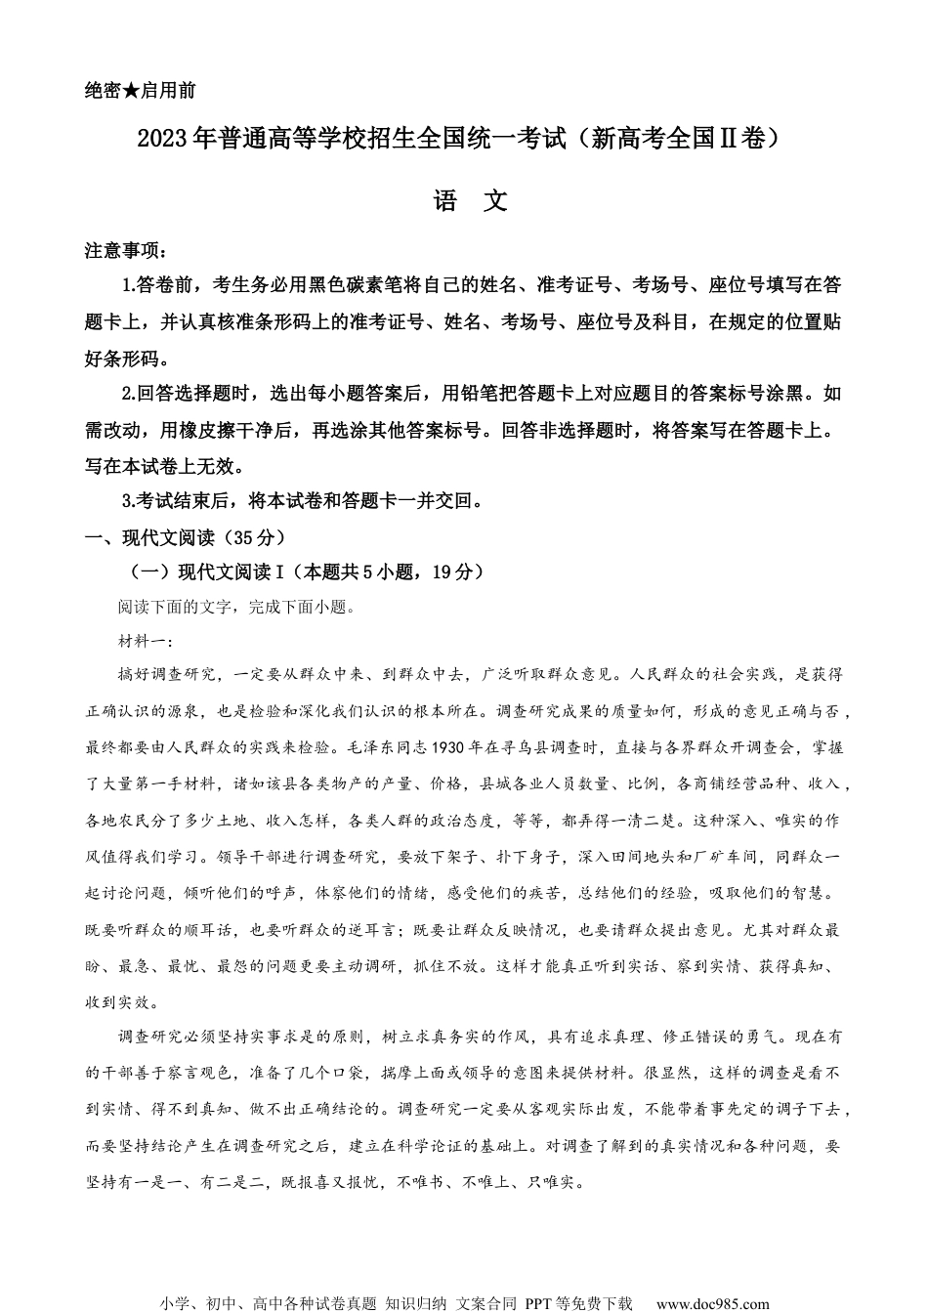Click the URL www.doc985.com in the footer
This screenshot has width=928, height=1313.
pos(712,1303)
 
